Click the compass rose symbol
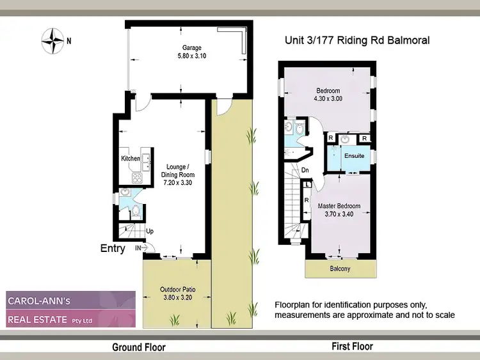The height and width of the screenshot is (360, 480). coord(50,41)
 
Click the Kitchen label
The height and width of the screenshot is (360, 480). coord(131,158)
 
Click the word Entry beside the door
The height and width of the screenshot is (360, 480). coord(113,249)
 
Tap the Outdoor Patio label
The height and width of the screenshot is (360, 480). coord(177,290)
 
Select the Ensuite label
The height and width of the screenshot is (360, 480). coord(354,155)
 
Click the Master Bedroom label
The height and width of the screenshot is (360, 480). coord(339,206)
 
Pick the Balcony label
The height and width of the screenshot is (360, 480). coord(340,269)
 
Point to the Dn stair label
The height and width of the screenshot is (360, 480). coord(306,170)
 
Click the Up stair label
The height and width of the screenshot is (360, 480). coord(150,231)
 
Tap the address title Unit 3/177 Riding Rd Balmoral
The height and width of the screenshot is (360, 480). coord(356,40)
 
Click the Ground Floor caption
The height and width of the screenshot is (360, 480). coord(139,347)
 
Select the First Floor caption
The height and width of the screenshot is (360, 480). coord(352,347)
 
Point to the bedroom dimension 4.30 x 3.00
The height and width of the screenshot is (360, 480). coord(328,98)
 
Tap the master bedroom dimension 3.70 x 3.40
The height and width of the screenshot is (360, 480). coord(339,214)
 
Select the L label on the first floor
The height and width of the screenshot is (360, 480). coord(308,184)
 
